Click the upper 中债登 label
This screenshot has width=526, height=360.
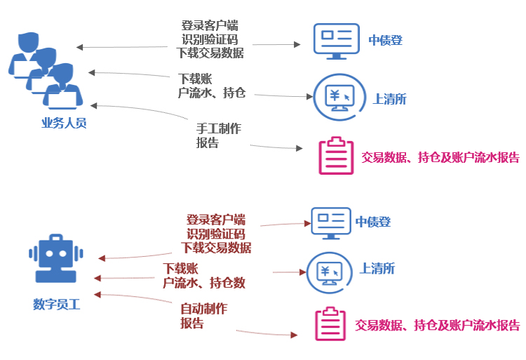pos(386,40)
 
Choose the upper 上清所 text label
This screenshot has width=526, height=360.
pos(390,99)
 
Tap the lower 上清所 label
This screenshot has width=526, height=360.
pos(377,268)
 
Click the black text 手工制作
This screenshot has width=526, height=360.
pos(219,129)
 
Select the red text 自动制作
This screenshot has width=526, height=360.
pos(204,309)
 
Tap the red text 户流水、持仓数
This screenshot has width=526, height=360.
pos(204,283)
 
